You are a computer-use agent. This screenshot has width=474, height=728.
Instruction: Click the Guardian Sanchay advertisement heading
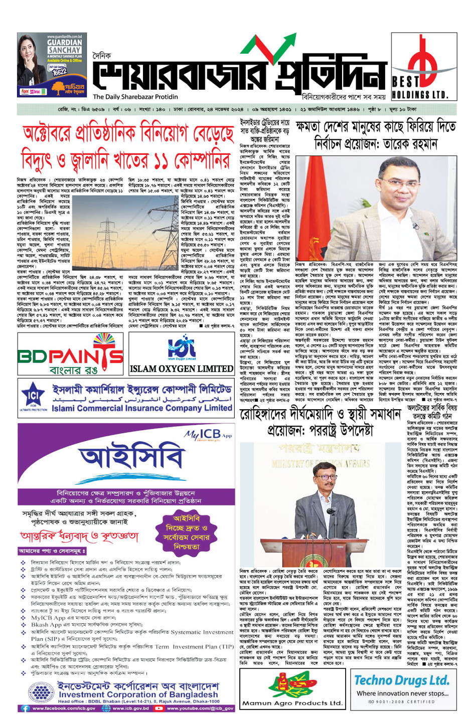tap(64, 47)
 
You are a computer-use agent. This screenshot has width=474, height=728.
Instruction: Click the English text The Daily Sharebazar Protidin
tap(135, 97)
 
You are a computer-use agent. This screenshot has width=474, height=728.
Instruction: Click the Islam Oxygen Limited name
tap(181, 369)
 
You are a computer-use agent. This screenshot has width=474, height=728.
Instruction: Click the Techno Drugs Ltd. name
tap(401, 680)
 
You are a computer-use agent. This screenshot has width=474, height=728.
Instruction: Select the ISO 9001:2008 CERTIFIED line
tap(401, 701)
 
